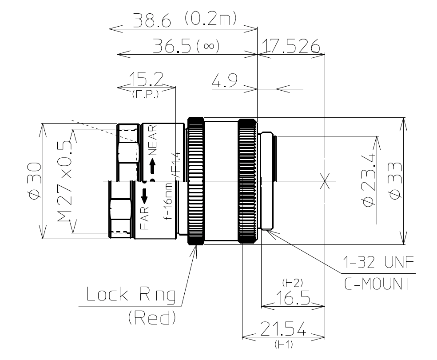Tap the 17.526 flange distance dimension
291,46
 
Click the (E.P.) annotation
146,94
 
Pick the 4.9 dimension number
224,81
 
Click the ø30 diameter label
34,181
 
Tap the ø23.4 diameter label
369,180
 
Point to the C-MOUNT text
378,284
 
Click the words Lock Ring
131,295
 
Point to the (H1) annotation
283,344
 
